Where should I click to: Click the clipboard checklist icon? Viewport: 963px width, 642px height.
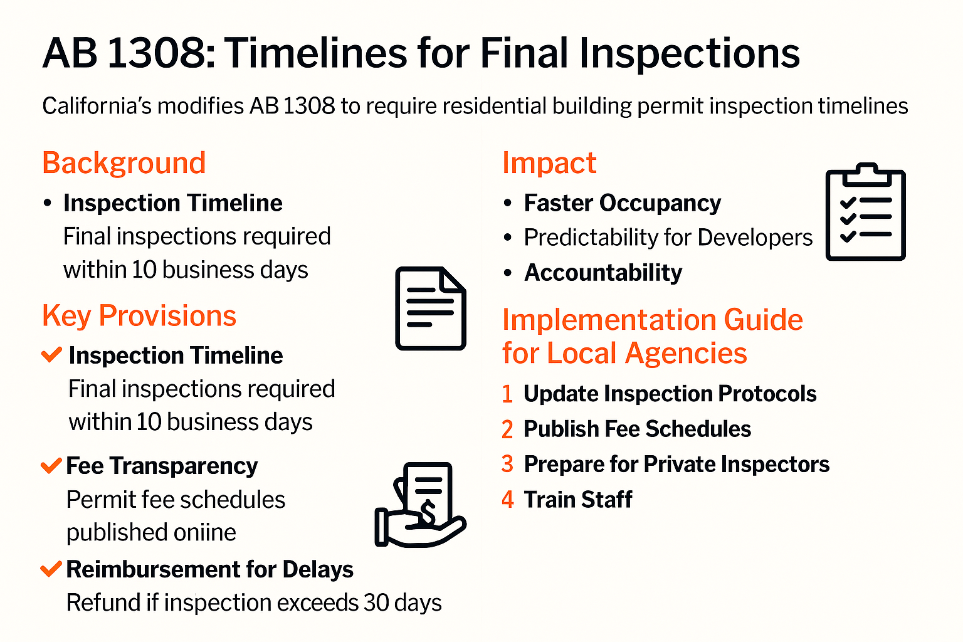[865, 211]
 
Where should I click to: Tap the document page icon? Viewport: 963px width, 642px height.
[430, 308]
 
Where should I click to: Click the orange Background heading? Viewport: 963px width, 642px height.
[124, 164]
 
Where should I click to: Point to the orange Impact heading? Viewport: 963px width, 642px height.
[549, 164]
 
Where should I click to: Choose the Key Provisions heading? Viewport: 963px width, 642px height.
[139, 316]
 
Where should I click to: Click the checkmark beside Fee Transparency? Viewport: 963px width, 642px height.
[51, 466]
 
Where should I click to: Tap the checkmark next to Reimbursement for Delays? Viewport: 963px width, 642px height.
[51, 569]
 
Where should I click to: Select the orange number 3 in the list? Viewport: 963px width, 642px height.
[508, 465]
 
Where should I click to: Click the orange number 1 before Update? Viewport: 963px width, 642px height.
[508, 394]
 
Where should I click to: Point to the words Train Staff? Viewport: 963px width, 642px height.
[578, 500]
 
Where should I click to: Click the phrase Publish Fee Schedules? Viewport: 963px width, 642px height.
[637, 429]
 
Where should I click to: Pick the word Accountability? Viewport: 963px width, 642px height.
[603, 273]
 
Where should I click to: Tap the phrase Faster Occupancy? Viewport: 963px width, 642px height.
[623, 203]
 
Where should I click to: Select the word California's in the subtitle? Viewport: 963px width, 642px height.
[97, 106]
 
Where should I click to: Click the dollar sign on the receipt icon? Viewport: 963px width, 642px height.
[428, 511]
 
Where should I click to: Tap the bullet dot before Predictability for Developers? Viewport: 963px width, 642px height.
[508, 238]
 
